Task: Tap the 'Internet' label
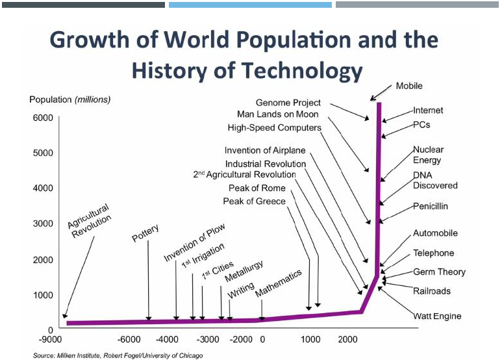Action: click(x=428, y=110)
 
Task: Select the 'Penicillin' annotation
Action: click(x=431, y=207)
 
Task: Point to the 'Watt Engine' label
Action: click(x=437, y=316)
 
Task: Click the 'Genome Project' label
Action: click(x=288, y=103)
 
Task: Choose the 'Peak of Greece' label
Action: click(x=254, y=201)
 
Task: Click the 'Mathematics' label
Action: click(x=279, y=283)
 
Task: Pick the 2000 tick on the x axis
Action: click(x=348, y=339)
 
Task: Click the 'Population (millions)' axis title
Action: click(x=69, y=99)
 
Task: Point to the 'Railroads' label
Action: click(x=431, y=291)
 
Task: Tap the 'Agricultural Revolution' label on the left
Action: click(x=90, y=222)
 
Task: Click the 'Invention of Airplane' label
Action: click(x=265, y=151)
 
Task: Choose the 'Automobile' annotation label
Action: click(x=435, y=233)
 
